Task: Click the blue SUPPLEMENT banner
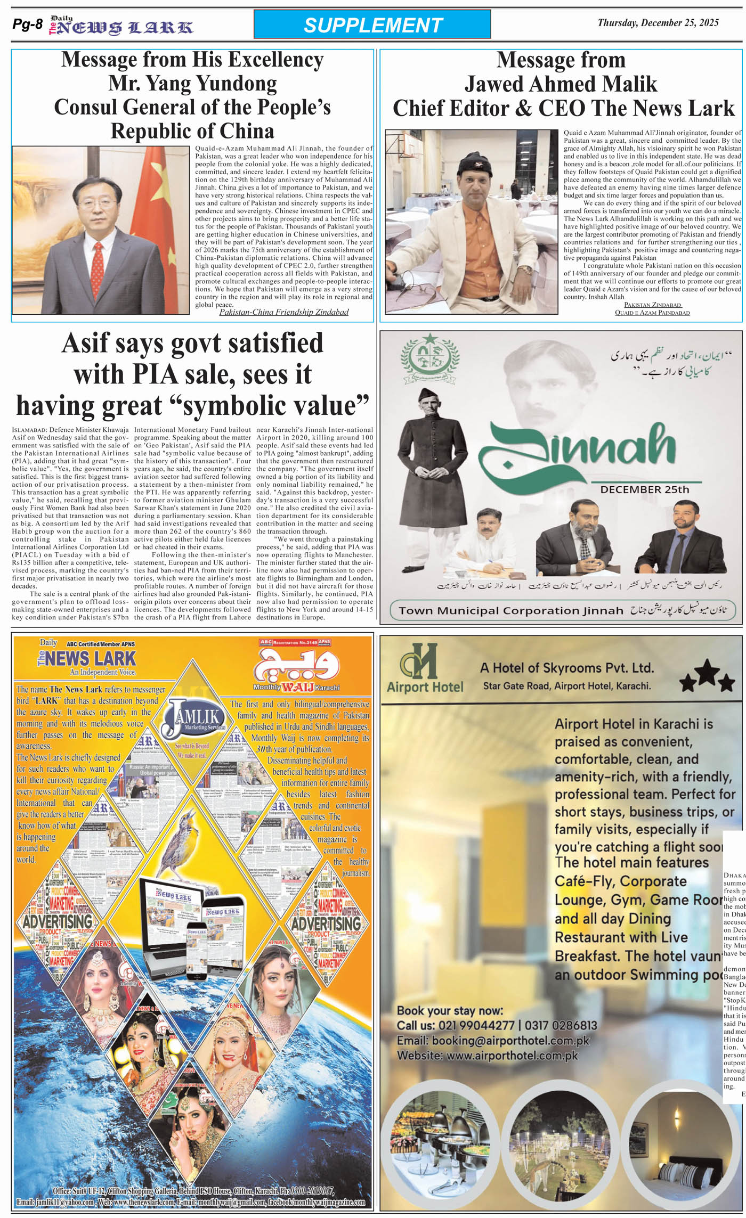click(372, 25)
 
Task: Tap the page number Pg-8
click(27, 24)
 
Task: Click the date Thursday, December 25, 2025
click(658, 23)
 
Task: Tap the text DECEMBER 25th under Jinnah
click(644, 489)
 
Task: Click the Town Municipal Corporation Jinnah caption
click(510, 610)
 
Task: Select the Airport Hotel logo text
click(425, 687)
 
